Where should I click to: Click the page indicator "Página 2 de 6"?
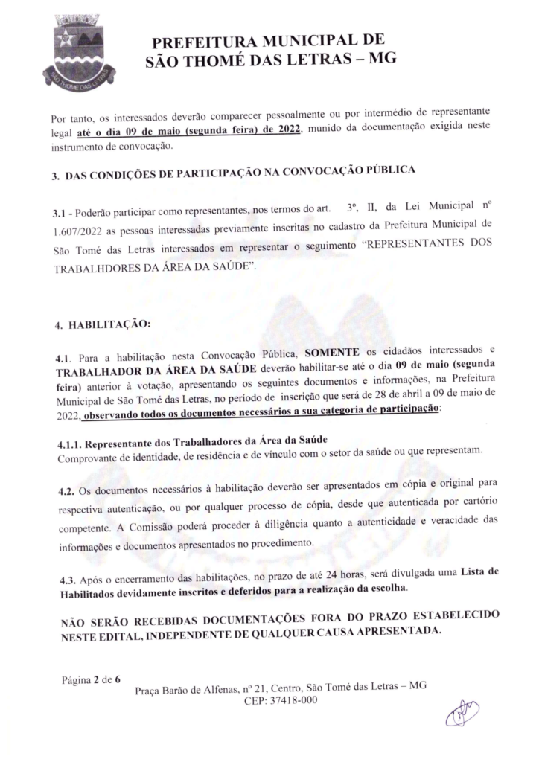[x=92, y=678]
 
